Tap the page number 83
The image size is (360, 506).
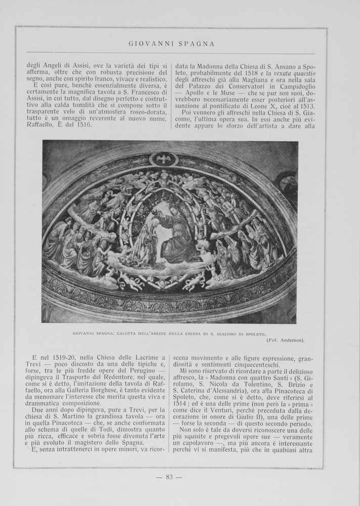point(169,477)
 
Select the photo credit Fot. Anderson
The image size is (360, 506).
point(286,340)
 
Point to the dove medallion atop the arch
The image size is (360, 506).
point(163,159)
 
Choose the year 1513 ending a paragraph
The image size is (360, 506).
point(306,106)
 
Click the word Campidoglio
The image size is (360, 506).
point(293,91)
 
